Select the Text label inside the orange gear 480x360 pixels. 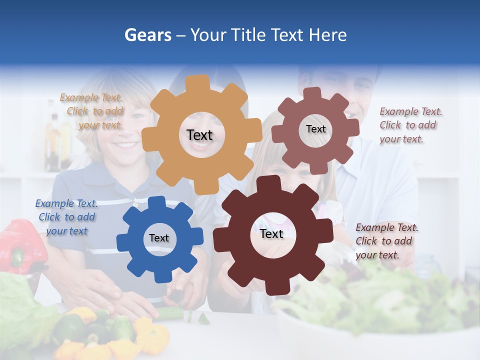click(x=199, y=135)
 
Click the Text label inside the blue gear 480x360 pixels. click(x=159, y=238)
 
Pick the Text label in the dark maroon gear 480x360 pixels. click(x=271, y=234)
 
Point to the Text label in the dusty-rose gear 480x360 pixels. click(x=315, y=129)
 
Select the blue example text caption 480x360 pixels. click(x=66, y=217)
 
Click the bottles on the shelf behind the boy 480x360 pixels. click(x=57, y=135)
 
